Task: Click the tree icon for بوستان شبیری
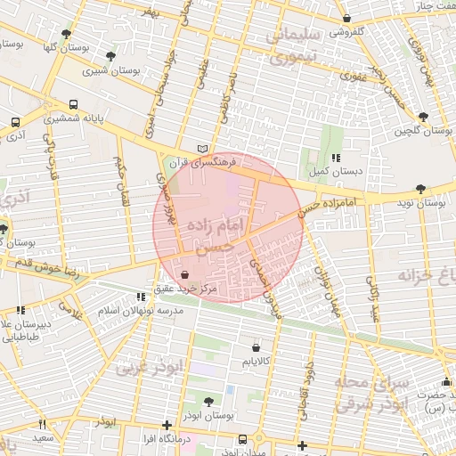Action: [110, 55]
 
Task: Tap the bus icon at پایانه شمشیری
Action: [73, 104]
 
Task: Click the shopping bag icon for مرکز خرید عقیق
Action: [184, 275]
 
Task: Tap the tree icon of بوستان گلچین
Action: [422, 116]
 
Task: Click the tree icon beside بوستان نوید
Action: [419, 188]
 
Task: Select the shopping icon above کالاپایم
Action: [256, 346]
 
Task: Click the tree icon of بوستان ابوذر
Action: [208, 402]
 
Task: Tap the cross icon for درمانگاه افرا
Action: [167, 425]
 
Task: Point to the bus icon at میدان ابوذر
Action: [243, 439]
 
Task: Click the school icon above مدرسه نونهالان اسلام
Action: [141, 296]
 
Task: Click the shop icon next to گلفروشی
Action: [346, 18]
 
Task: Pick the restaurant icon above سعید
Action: [41, 425]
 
